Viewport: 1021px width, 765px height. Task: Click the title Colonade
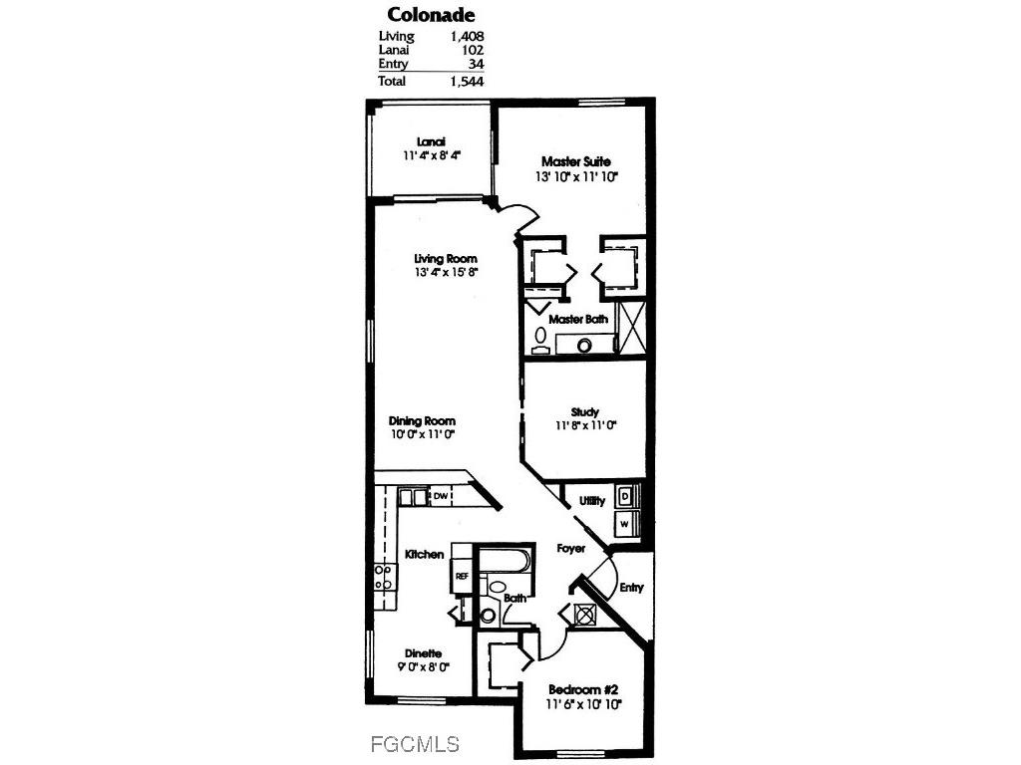[430, 15]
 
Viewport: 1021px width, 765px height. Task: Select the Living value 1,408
[465, 37]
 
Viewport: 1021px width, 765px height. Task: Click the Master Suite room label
[575, 161]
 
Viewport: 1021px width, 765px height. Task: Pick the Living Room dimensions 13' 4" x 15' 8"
[440, 273]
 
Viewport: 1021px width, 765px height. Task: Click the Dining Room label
[422, 420]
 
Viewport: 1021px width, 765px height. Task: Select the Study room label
[585, 411]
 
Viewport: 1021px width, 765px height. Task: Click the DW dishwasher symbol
[440, 496]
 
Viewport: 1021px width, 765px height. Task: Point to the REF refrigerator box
[462, 576]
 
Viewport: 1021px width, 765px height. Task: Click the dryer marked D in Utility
[625, 495]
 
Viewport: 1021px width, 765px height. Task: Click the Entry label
[631, 588]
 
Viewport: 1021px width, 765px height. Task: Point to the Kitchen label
[424, 554]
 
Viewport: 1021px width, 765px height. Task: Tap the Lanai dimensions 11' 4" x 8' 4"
[431, 156]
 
